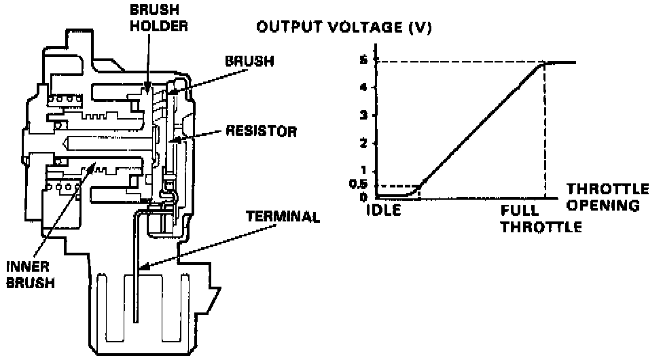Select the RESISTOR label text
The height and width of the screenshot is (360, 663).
[261, 131]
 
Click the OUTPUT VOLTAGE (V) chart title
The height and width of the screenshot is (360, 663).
[344, 28]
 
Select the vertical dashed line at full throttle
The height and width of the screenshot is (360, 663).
[545, 129]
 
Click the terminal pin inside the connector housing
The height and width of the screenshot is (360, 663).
[135, 299]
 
